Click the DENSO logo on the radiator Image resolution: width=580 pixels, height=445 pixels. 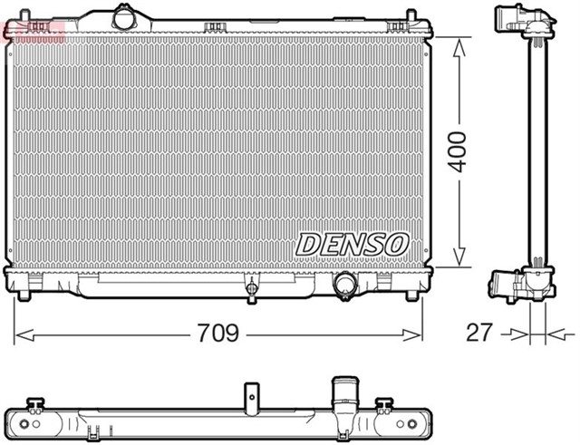(353, 244)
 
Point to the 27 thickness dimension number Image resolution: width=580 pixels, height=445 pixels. (479, 332)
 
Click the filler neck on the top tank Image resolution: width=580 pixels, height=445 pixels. (121, 17)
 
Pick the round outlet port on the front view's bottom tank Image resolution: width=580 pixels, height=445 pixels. (344, 285)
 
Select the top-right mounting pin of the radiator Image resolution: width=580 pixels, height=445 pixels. (411, 17)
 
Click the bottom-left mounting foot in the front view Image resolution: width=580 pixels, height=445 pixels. (24, 292)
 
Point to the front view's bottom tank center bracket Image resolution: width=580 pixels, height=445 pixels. (251, 290)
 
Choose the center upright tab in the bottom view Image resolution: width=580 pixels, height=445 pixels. (252, 396)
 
